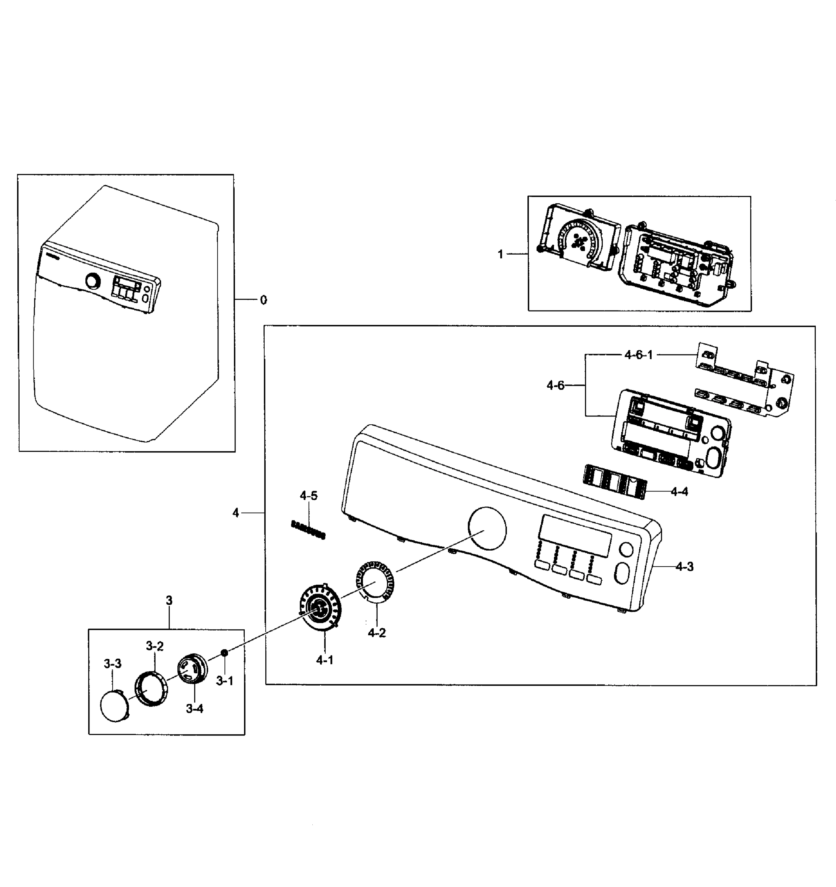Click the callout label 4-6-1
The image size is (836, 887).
coord(638,355)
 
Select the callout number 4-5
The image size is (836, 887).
coord(309,496)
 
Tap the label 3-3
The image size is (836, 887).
coord(112,664)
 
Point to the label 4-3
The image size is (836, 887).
coord(684,567)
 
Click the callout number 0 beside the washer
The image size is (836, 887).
coord(264,300)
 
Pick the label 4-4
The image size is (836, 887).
coord(679,492)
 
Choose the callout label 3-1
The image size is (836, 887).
coord(225,681)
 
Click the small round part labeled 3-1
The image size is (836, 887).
coord(224,653)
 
